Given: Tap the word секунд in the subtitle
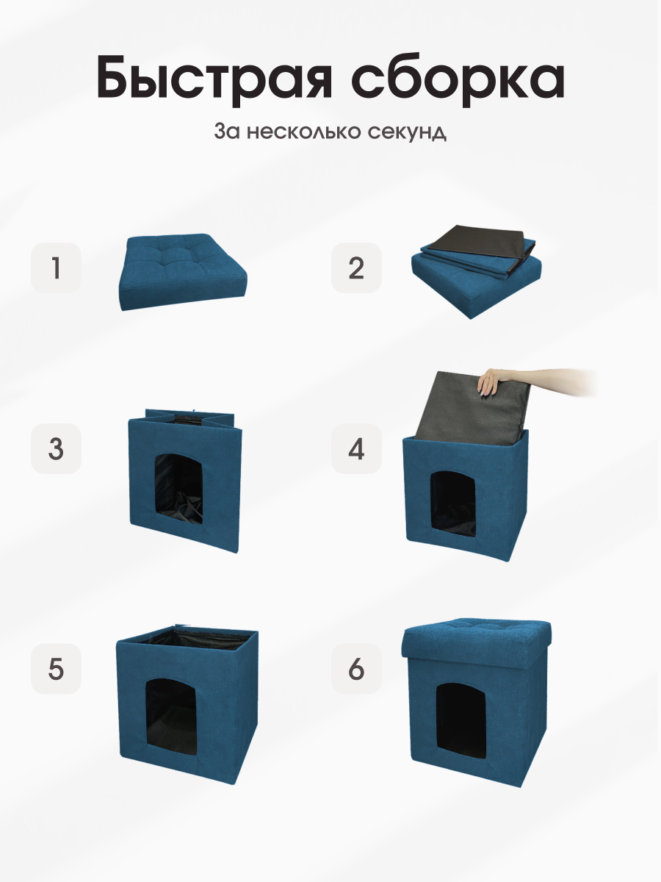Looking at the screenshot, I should (x=408, y=133).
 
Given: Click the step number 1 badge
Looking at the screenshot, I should (x=56, y=268).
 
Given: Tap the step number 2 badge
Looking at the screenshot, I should (x=356, y=268).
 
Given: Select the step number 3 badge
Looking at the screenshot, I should (x=56, y=448).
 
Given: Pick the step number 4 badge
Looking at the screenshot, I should (x=356, y=448).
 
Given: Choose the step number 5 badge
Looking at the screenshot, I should (x=56, y=669).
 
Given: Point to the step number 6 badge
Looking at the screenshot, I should (x=356, y=669).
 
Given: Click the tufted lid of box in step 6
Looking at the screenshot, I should (x=477, y=632).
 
